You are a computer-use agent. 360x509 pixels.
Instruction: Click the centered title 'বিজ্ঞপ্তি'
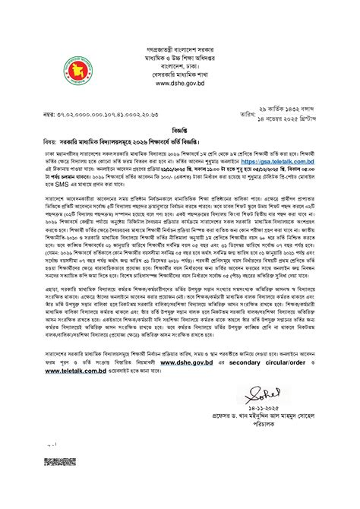179,130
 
